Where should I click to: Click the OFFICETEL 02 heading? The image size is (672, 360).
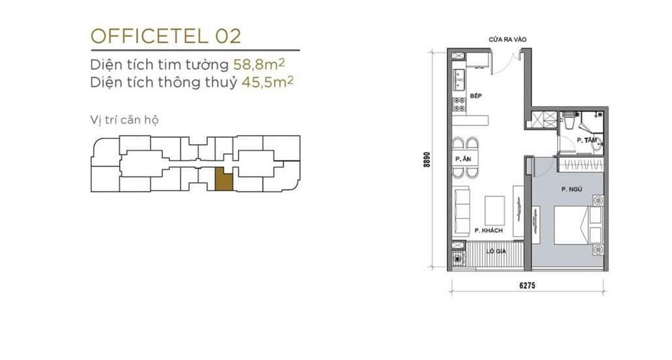point(165,36)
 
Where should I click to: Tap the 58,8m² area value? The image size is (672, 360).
point(259,64)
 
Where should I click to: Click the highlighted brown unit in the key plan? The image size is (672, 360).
point(223,179)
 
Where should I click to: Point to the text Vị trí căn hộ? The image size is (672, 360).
point(124,120)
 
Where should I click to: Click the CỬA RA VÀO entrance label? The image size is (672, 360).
point(507,40)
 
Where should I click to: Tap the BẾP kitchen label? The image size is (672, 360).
point(476,96)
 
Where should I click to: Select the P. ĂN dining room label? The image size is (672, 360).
point(463,159)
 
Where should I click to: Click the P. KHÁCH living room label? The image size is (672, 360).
point(489,230)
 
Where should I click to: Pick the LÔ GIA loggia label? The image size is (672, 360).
point(496,251)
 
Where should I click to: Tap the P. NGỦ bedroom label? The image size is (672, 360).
point(572,189)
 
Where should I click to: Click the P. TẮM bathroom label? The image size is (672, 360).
point(587,140)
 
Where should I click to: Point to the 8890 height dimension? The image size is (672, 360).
point(427,159)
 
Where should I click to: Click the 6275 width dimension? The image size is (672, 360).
point(527,285)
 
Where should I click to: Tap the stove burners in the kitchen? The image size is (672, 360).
point(459,104)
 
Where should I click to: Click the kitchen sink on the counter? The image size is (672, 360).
point(459,80)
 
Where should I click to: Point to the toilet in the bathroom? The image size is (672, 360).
point(570,120)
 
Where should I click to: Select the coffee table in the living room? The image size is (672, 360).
point(495,210)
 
